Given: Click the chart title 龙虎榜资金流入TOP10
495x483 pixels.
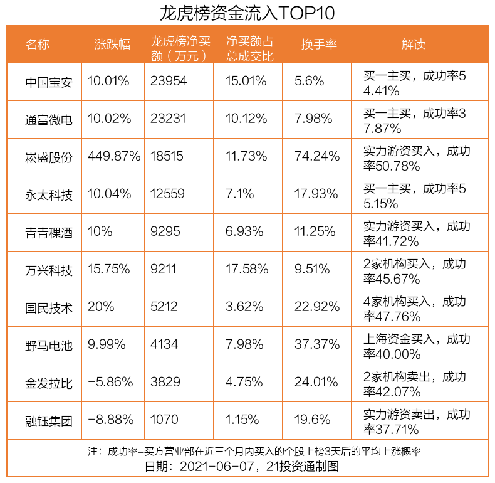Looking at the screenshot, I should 247,13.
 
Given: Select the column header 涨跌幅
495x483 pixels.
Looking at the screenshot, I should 112,44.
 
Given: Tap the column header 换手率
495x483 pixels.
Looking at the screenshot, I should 319,44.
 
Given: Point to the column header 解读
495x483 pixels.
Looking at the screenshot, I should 413,44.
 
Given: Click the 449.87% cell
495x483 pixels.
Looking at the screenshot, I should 114,157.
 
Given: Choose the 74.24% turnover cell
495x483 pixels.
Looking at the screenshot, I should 316,157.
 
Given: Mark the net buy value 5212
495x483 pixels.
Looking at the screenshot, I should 164,307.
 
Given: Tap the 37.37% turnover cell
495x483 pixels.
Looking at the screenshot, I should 316,345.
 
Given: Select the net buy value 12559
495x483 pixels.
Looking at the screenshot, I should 168,194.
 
